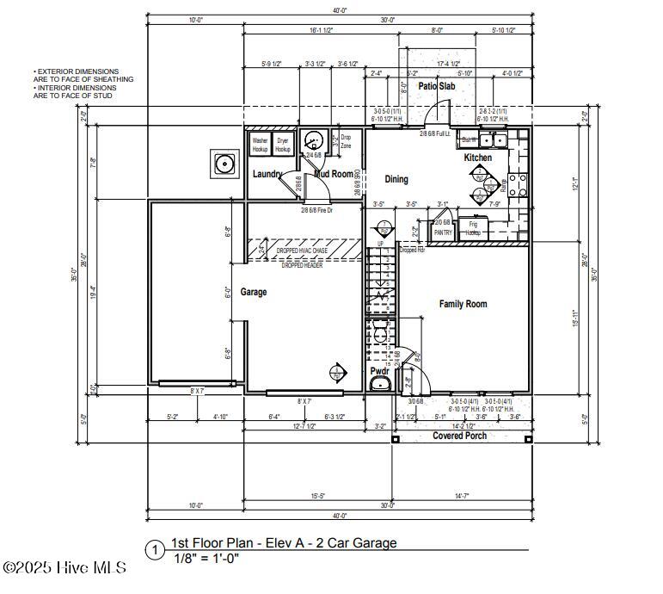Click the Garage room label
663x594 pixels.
[253, 292]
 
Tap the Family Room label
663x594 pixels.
[463, 304]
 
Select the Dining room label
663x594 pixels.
[396, 179]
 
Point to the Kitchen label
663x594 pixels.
[477, 158]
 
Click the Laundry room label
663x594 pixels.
[267, 174]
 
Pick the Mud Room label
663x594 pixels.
[333, 174]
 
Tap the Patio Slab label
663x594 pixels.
[437, 86]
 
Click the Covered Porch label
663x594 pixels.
[458, 436]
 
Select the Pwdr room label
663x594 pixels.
[379, 371]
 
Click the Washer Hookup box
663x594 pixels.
[260, 144]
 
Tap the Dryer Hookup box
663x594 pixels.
[283, 144]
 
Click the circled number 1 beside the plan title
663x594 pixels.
[155, 549]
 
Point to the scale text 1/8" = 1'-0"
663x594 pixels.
[206, 558]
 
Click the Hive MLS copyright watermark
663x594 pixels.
[64, 567]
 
